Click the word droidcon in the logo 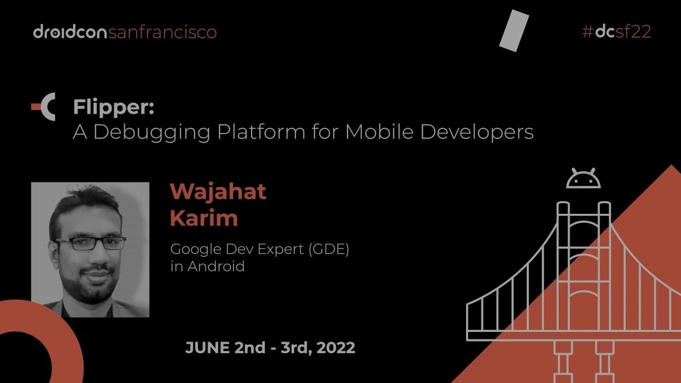[70, 32]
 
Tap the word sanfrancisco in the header [162, 32]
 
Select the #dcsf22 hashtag [617, 32]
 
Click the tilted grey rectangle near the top [514, 31]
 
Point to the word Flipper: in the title [114, 108]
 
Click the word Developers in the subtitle [477, 132]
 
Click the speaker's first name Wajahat [218, 191]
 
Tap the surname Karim [204, 218]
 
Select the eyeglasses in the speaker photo [91, 244]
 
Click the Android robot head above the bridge [583, 179]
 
